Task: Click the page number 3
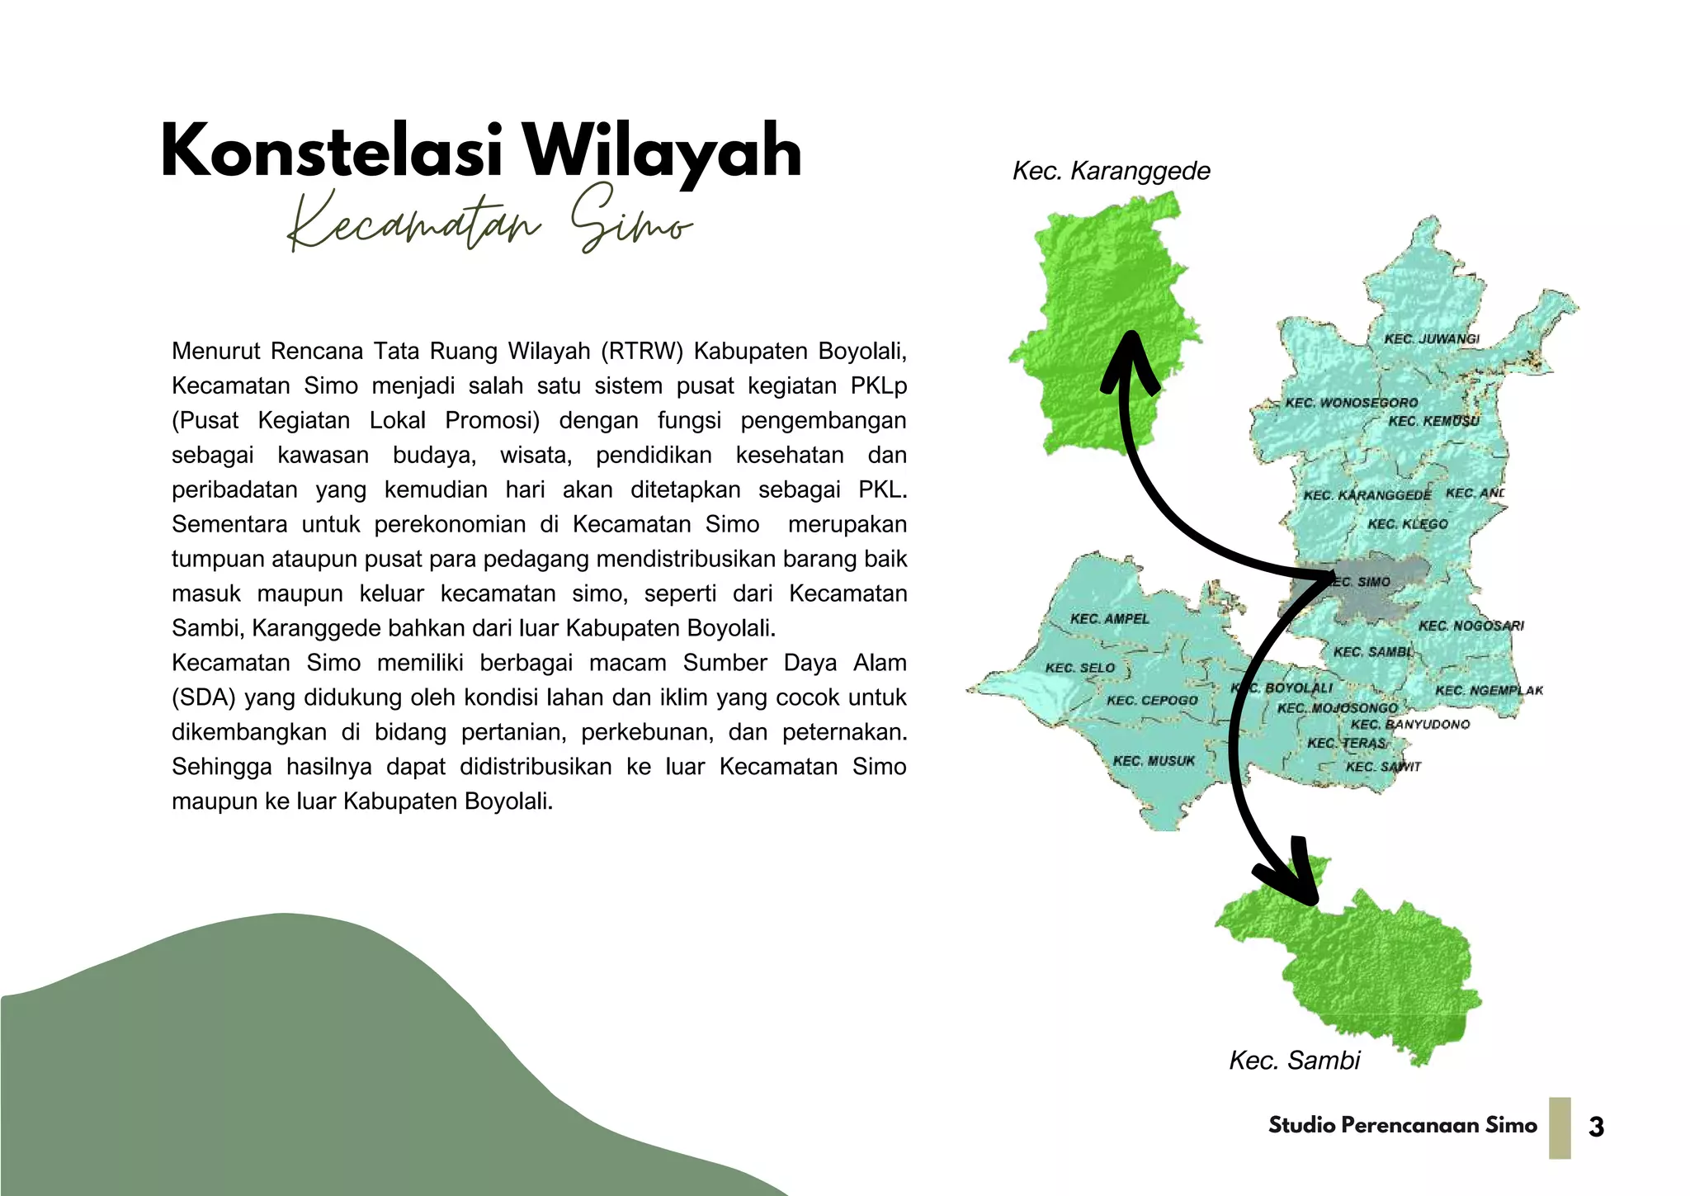click(x=1596, y=1127)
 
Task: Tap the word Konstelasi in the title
click(x=331, y=152)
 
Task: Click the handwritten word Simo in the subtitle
click(x=631, y=220)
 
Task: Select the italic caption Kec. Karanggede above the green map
click(x=1111, y=172)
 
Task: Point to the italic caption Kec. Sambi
click(x=1294, y=1061)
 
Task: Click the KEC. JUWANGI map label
click(x=1432, y=339)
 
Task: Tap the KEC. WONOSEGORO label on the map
click(x=1352, y=403)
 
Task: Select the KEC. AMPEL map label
click(x=1109, y=619)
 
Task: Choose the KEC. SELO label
click(x=1080, y=668)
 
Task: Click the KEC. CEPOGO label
click(x=1152, y=701)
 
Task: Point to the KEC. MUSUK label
click(x=1154, y=761)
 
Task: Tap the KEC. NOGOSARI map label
click(x=1471, y=626)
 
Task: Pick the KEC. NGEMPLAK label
click(x=1489, y=690)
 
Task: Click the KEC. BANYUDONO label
click(x=1410, y=725)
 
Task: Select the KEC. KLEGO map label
click(x=1408, y=524)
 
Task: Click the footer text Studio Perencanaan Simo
click(x=1403, y=1126)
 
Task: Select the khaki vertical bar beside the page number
click(x=1560, y=1127)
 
